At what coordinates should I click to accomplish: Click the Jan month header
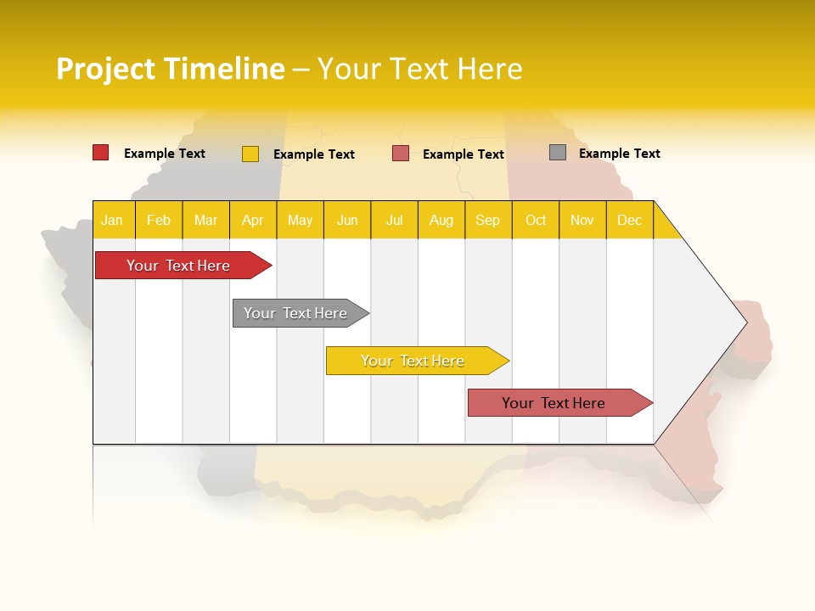(113, 220)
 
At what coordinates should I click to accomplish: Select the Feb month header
(159, 220)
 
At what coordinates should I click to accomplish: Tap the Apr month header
(253, 220)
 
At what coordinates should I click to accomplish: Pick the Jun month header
(347, 220)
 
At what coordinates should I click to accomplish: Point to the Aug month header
(441, 220)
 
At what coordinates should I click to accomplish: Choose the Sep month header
(488, 220)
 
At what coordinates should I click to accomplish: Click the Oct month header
(536, 220)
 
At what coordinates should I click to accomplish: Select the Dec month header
(630, 220)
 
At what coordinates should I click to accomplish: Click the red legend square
(101, 153)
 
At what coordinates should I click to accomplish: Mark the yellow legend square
(250, 154)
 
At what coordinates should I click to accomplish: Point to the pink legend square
(401, 154)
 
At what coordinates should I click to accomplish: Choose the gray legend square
(558, 153)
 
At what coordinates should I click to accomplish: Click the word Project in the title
(106, 69)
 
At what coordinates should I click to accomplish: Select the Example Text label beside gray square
(620, 154)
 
